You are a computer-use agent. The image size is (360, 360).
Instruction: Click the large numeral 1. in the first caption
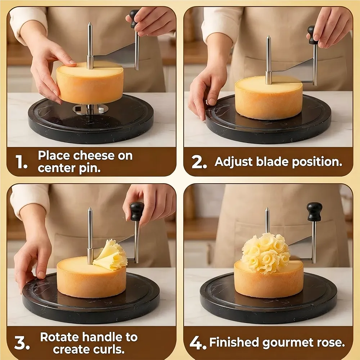22,162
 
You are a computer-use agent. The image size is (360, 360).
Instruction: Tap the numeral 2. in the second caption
199,162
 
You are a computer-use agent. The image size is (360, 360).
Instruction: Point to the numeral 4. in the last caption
198,343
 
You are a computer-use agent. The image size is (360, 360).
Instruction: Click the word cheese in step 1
94,156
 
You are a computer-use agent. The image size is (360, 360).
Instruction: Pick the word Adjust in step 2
234,162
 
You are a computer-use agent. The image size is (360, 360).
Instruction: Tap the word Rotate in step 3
60,337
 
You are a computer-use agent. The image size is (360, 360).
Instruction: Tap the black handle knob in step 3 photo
136,211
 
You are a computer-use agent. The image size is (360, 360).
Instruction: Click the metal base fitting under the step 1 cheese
90,109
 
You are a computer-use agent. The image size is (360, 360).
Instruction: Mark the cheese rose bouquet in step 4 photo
265,253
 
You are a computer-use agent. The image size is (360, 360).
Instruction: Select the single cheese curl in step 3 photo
110,255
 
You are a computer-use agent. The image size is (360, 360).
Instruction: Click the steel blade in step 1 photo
115,56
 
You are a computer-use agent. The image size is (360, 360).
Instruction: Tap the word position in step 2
317,162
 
